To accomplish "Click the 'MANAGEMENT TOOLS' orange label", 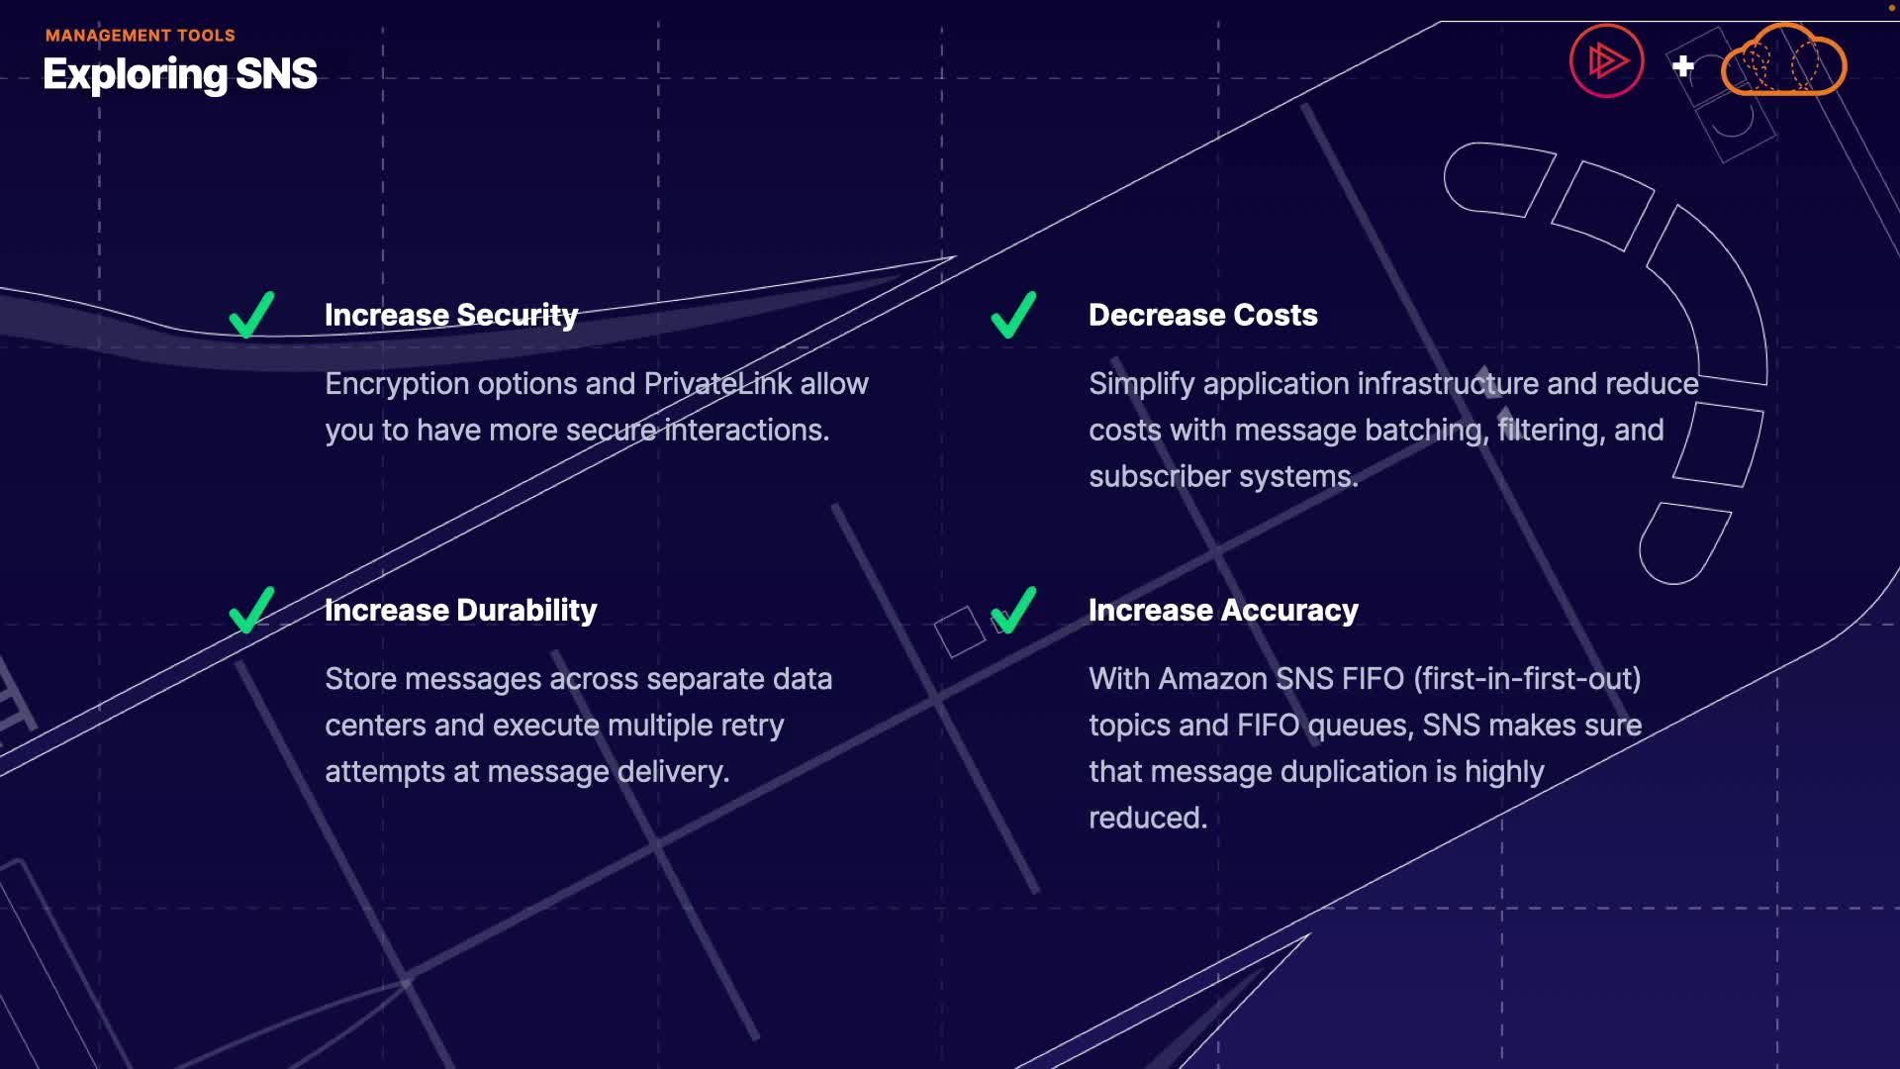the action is click(140, 36).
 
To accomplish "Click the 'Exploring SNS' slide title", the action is click(180, 74).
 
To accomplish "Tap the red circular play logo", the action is click(1606, 61).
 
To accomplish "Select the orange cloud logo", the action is click(1783, 61).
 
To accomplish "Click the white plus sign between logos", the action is click(1683, 66).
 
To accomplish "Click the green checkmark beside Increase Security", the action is click(251, 316).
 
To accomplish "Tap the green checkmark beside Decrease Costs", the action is click(1013, 316).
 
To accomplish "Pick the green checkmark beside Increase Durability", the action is click(251, 610).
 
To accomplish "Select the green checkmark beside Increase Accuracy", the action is click(1013, 610).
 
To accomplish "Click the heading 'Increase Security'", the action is click(451, 315).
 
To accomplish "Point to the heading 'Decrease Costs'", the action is click(1202, 315).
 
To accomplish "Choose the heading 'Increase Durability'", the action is click(460, 610).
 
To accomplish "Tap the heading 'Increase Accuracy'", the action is click(1223, 610).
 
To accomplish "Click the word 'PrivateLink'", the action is click(717, 384).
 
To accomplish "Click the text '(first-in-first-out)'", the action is click(1527, 679).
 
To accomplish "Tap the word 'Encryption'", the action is click(397, 384).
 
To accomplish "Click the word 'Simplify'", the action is click(1141, 384).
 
